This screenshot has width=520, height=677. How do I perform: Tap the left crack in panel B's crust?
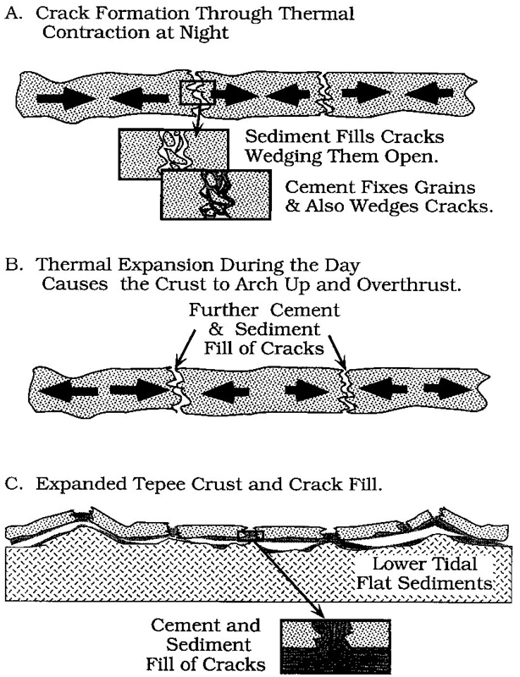point(174,384)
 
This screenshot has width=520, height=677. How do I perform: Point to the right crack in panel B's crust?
point(345,384)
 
